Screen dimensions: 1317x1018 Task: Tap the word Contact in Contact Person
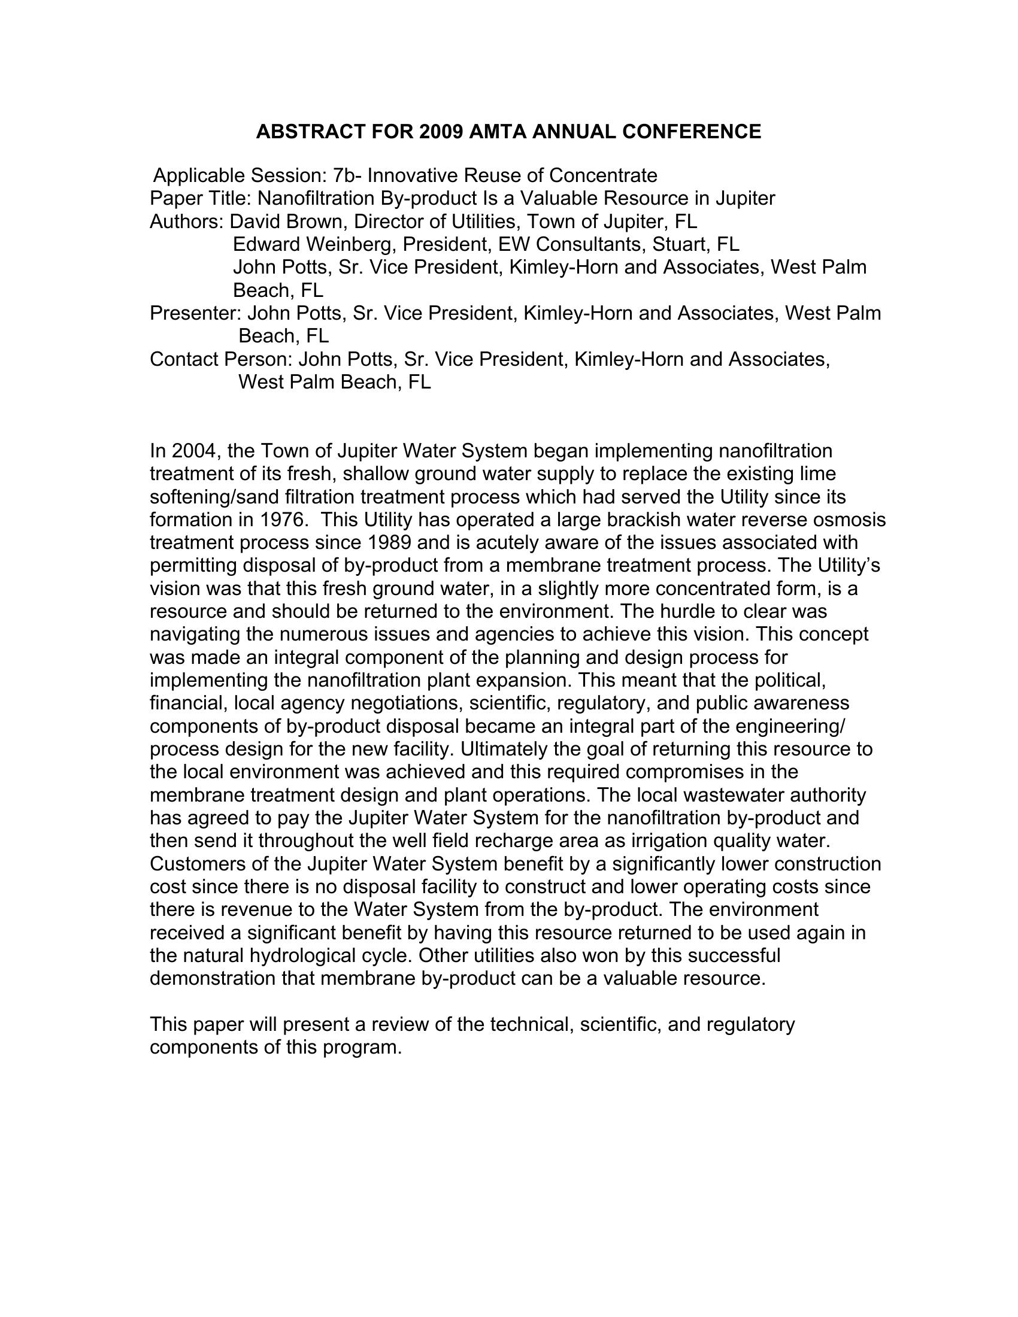click(184, 359)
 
